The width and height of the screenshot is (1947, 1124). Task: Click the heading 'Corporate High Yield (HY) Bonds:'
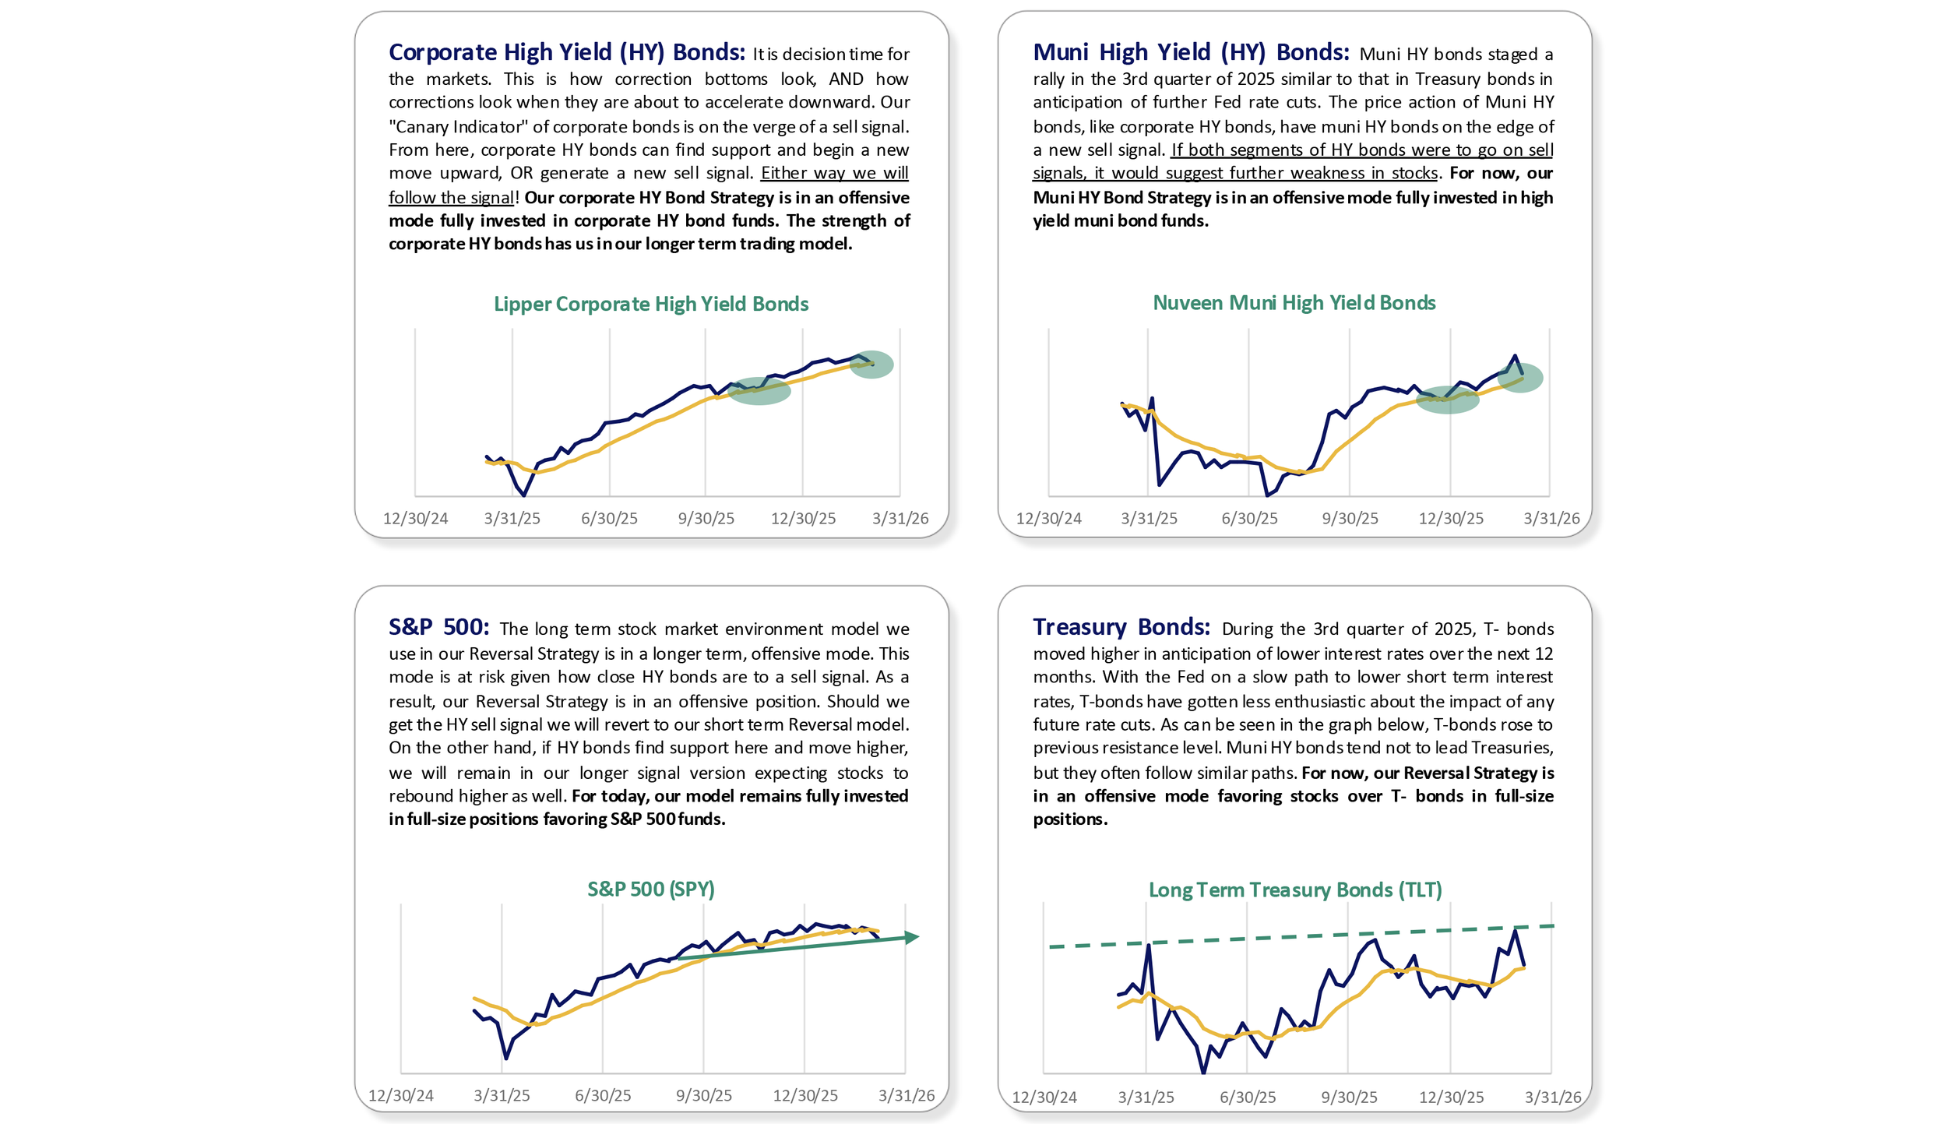(566, 52)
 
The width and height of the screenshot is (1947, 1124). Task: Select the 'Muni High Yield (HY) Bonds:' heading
(1190, 52)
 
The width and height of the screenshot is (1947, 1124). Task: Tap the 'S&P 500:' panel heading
(438, 627)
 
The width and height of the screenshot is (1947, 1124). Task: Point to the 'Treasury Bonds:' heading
(1121, 627)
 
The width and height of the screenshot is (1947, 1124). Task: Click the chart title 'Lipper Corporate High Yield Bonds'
(650, 304)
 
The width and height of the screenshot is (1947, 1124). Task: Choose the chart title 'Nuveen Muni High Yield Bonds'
(1294, 303)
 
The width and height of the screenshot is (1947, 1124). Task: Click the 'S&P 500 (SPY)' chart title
(650, 889)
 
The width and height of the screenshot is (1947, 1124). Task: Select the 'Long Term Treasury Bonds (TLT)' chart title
(1294, 890)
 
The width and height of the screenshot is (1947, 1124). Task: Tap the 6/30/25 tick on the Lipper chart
(609, 519)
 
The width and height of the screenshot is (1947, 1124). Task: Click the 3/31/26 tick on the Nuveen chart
(1551, 519)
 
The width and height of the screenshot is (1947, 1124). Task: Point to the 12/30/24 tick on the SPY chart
(400, 1096)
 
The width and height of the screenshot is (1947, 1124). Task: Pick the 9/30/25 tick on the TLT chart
(1348, 1098)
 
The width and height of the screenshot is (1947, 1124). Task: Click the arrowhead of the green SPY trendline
(912, 937)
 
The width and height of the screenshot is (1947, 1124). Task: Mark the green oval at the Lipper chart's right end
(871, 365)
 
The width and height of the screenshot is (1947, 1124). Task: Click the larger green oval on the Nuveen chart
(1447, 400)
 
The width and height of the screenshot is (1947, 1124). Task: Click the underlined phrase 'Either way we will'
(834, 173)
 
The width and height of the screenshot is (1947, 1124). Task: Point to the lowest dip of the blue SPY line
(506, 1058)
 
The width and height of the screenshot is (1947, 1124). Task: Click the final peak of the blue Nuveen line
(1515, 356)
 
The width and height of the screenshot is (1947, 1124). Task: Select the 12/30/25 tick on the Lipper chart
(803, 519)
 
